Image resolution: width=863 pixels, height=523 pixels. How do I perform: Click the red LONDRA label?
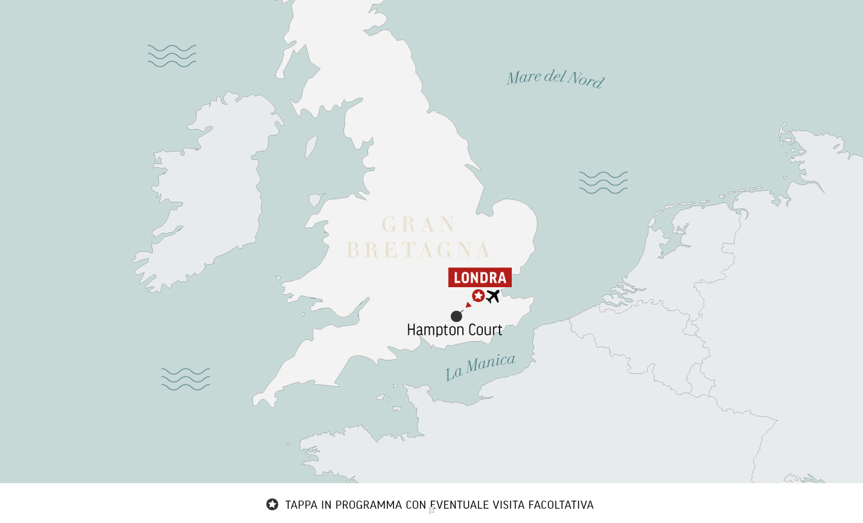[480, 278]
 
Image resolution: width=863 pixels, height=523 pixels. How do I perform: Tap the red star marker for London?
[478, 296]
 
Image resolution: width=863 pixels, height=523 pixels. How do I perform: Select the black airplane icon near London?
[493, 296]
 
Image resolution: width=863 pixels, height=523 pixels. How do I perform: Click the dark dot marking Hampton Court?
[457, 316]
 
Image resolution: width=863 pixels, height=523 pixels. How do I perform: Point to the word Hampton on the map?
[431, 330]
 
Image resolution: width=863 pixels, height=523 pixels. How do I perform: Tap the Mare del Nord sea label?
[555, 79]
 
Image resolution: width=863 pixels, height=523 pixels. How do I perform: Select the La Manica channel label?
[480, 367]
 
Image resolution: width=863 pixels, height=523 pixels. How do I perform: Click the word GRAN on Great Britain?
[419, 225]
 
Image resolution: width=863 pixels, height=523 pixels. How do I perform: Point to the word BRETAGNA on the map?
[419, 250]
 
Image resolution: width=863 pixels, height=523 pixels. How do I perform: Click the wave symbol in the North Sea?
[603, 182]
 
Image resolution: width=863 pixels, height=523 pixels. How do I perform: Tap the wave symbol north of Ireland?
[171, 56]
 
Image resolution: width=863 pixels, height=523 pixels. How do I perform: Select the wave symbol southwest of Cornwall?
[186, 379]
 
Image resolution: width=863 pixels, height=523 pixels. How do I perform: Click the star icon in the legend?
[272, 504]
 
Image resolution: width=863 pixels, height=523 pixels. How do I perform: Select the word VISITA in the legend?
[509, 505]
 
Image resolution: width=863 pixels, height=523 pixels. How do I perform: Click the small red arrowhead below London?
[469, 305]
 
